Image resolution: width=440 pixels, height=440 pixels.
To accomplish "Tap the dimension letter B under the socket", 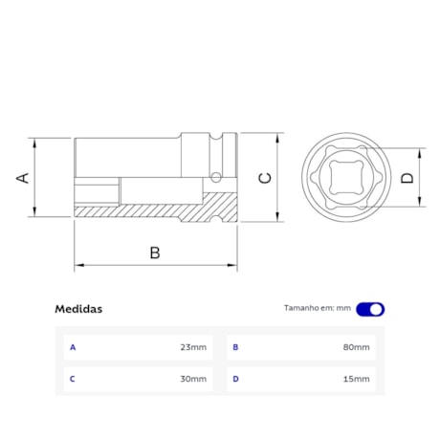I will (x=154, y=253).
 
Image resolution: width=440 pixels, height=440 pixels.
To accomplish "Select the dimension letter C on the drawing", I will (x=267, y=177).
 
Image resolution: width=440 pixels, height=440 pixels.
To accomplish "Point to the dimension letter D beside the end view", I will (x=407, y=177).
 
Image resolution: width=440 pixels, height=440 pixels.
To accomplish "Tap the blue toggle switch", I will (x=371, y=309).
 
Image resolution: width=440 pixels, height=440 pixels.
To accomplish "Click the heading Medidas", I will (x=79, y=309).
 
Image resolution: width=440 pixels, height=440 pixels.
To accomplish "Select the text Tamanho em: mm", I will (x=318, y=308).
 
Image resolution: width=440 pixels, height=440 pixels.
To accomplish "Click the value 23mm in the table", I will (x=193, y=346).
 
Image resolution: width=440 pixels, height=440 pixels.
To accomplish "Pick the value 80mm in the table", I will (x=356, y=346).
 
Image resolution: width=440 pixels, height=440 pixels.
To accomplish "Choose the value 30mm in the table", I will (x=193, y=379).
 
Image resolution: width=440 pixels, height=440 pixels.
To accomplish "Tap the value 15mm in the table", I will (x=356, y=379).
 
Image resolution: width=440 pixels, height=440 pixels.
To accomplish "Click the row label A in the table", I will (x=73, y=346).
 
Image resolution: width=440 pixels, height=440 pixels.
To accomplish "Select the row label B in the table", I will (x=235, y=346).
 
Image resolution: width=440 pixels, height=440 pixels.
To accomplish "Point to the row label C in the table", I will (x=73, y=379).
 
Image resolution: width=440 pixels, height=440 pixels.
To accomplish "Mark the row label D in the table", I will (x=235, y=379).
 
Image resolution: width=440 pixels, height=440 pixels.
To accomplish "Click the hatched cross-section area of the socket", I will (x=143, y=210).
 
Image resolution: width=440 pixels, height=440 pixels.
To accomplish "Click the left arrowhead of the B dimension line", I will (x=78, y=265).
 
